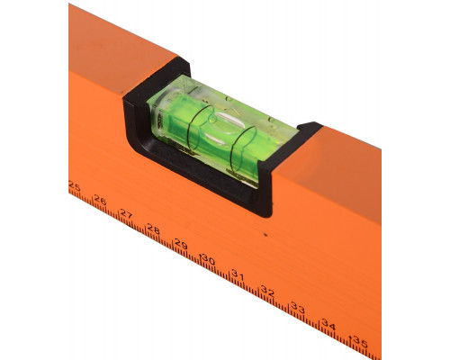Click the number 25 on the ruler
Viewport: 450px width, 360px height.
(74, 187)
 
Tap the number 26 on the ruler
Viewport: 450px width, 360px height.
(100, 200)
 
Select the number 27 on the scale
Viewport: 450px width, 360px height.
(126, 214)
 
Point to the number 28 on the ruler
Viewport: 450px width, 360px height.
(153, 229)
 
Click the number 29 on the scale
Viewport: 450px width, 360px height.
(181, 245)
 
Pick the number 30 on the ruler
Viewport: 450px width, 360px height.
(209, 259)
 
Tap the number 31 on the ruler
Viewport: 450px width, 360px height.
(238, 275)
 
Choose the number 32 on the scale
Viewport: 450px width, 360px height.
(267, 291)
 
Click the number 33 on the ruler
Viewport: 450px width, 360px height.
(298, 308)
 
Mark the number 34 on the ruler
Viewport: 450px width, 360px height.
(328, 325)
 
